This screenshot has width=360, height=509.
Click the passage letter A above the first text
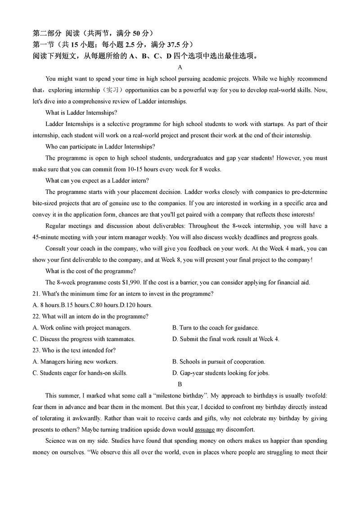180,68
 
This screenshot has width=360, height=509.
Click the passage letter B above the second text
180,384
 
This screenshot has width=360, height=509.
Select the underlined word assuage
205,429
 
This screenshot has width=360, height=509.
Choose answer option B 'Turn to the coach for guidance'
216,328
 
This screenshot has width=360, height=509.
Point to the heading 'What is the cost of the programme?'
91,271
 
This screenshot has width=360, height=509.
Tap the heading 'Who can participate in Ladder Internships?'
100,147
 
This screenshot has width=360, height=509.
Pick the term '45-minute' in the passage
46,237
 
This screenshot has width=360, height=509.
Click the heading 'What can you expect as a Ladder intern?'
97,180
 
